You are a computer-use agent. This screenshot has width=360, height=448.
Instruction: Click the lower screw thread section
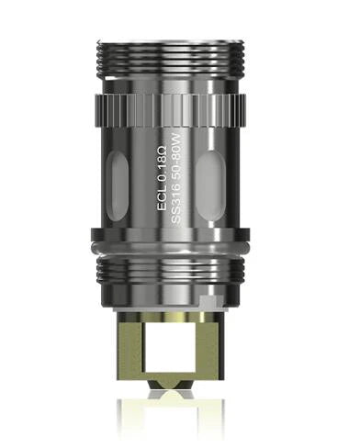[180, 267]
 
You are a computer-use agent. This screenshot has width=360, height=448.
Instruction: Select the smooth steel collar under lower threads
[180, 293]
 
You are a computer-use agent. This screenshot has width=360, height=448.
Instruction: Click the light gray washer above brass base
[180, 309]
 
